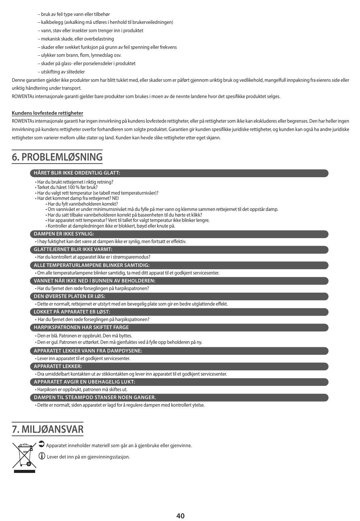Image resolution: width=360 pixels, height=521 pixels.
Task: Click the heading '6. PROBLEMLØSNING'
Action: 57,157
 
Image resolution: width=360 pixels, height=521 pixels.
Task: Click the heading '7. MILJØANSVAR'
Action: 48,429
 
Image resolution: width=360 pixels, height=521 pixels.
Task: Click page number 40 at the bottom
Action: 180,516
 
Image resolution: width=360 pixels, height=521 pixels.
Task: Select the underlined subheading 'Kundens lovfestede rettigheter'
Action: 47,113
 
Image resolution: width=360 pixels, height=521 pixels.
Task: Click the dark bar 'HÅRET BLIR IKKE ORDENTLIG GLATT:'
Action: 179,173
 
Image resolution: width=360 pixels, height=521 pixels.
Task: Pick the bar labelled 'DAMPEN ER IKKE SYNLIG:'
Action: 179,234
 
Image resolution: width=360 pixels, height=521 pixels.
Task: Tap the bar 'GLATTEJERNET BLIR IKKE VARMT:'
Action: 179,250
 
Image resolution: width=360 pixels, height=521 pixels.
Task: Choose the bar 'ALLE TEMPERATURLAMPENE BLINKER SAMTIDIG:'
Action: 179,265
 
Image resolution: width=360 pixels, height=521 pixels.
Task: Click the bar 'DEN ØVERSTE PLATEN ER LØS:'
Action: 179,296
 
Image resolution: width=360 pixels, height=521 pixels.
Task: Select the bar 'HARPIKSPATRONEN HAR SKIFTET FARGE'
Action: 179,328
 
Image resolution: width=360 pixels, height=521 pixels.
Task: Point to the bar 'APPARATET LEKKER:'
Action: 179,367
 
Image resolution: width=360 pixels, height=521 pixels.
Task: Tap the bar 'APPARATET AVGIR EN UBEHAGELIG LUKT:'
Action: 179,382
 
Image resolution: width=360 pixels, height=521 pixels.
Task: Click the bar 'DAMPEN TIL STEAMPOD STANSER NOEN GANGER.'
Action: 179,398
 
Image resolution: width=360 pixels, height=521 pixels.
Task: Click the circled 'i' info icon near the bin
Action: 42,456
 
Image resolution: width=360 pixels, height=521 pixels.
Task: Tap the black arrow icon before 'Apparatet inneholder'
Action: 42,444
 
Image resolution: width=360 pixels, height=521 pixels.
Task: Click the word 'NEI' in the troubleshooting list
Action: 116,198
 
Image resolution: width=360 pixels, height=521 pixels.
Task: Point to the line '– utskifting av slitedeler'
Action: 61,72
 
